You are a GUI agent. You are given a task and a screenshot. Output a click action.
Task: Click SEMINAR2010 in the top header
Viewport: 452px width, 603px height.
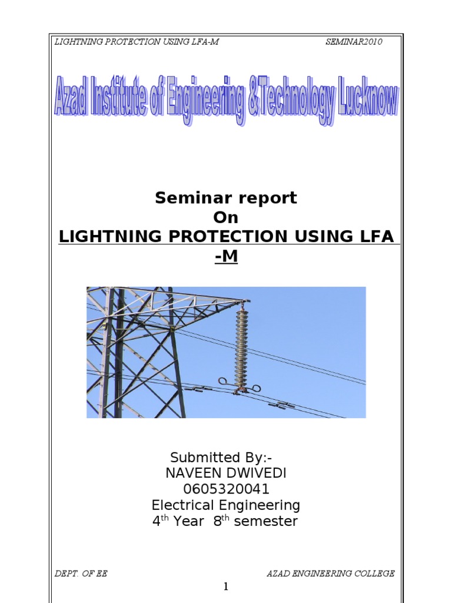pyautogui.click(x=354, y=42)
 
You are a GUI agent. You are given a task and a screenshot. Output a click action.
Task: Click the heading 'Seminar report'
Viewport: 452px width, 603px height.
pyautogui.click(x=226, y=198)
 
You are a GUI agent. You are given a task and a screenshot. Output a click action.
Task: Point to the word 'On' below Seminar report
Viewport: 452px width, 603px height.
pyautogui.click(x=226, y=217)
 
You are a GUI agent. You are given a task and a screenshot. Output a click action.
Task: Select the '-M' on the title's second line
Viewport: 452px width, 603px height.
pyautogui.click(x=226, y=256)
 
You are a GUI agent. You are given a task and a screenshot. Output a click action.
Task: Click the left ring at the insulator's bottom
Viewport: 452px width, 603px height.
pyautogui.click(x=224, y=381)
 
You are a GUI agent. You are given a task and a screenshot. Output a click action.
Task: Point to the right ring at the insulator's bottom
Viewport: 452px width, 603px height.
pyautogui.click(x=257, y=388)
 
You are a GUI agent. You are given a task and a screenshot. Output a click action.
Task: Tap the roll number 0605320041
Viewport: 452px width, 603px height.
pyautogui.click(x=226, y=489)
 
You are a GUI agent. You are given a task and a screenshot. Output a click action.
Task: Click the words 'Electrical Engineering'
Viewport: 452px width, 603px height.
pyautogui.click(x=226, y=505)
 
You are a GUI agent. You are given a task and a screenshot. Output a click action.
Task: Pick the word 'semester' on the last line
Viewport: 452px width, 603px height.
pyautogui.click(x=265, y=521)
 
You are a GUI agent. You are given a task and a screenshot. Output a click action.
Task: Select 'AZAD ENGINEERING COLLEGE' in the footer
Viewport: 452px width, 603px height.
pyautogui.click(x=330, y=573)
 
